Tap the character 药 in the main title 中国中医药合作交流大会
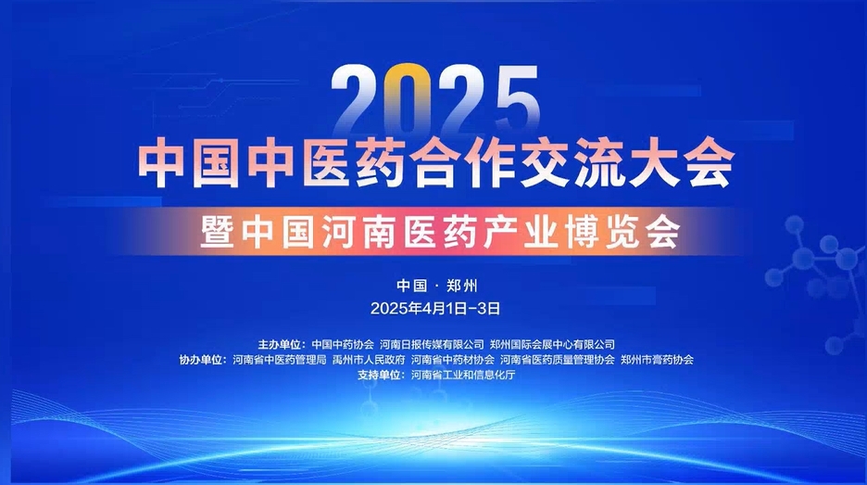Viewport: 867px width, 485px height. [x=377, y=161]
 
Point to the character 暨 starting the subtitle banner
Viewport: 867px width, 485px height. [x=218, y=232]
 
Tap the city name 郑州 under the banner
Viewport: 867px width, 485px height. [x=461, y=286]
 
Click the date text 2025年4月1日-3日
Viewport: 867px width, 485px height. [x=435, y=309]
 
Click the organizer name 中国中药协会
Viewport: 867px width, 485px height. [x=343, y=344]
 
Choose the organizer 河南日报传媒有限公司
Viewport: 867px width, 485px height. [x=432, y=344]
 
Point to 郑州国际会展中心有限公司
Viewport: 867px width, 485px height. [x=552, y=344]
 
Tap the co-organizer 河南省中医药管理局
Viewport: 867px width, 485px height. [x=280, y=360]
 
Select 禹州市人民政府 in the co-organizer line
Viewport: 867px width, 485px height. [x=369, y=360]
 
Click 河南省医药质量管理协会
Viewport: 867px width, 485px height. [x=558, y=360]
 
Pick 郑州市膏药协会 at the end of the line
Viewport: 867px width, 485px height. [x=657, y=360]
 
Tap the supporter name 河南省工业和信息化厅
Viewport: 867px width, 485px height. [x=463, y=375]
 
